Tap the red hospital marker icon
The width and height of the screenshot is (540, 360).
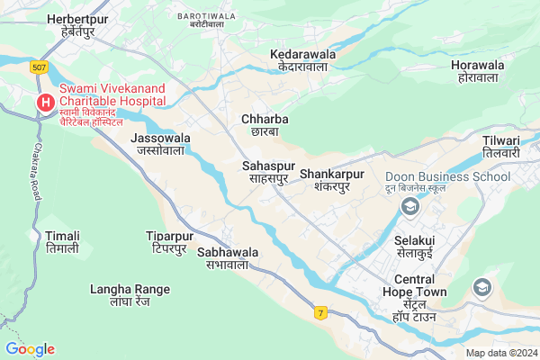click(44, 103)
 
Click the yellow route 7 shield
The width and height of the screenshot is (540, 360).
click(319, 312)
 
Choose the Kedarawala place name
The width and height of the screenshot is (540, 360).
click(302, 59)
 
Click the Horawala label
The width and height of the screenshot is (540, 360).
click(476, 72)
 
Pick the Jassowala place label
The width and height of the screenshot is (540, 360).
click(161, 144)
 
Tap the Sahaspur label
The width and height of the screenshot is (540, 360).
click(269, 172)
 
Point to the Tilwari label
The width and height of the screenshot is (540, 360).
click(501, 147)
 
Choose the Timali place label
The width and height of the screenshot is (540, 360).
click(62, 240)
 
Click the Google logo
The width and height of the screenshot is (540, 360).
click(30, 349)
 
